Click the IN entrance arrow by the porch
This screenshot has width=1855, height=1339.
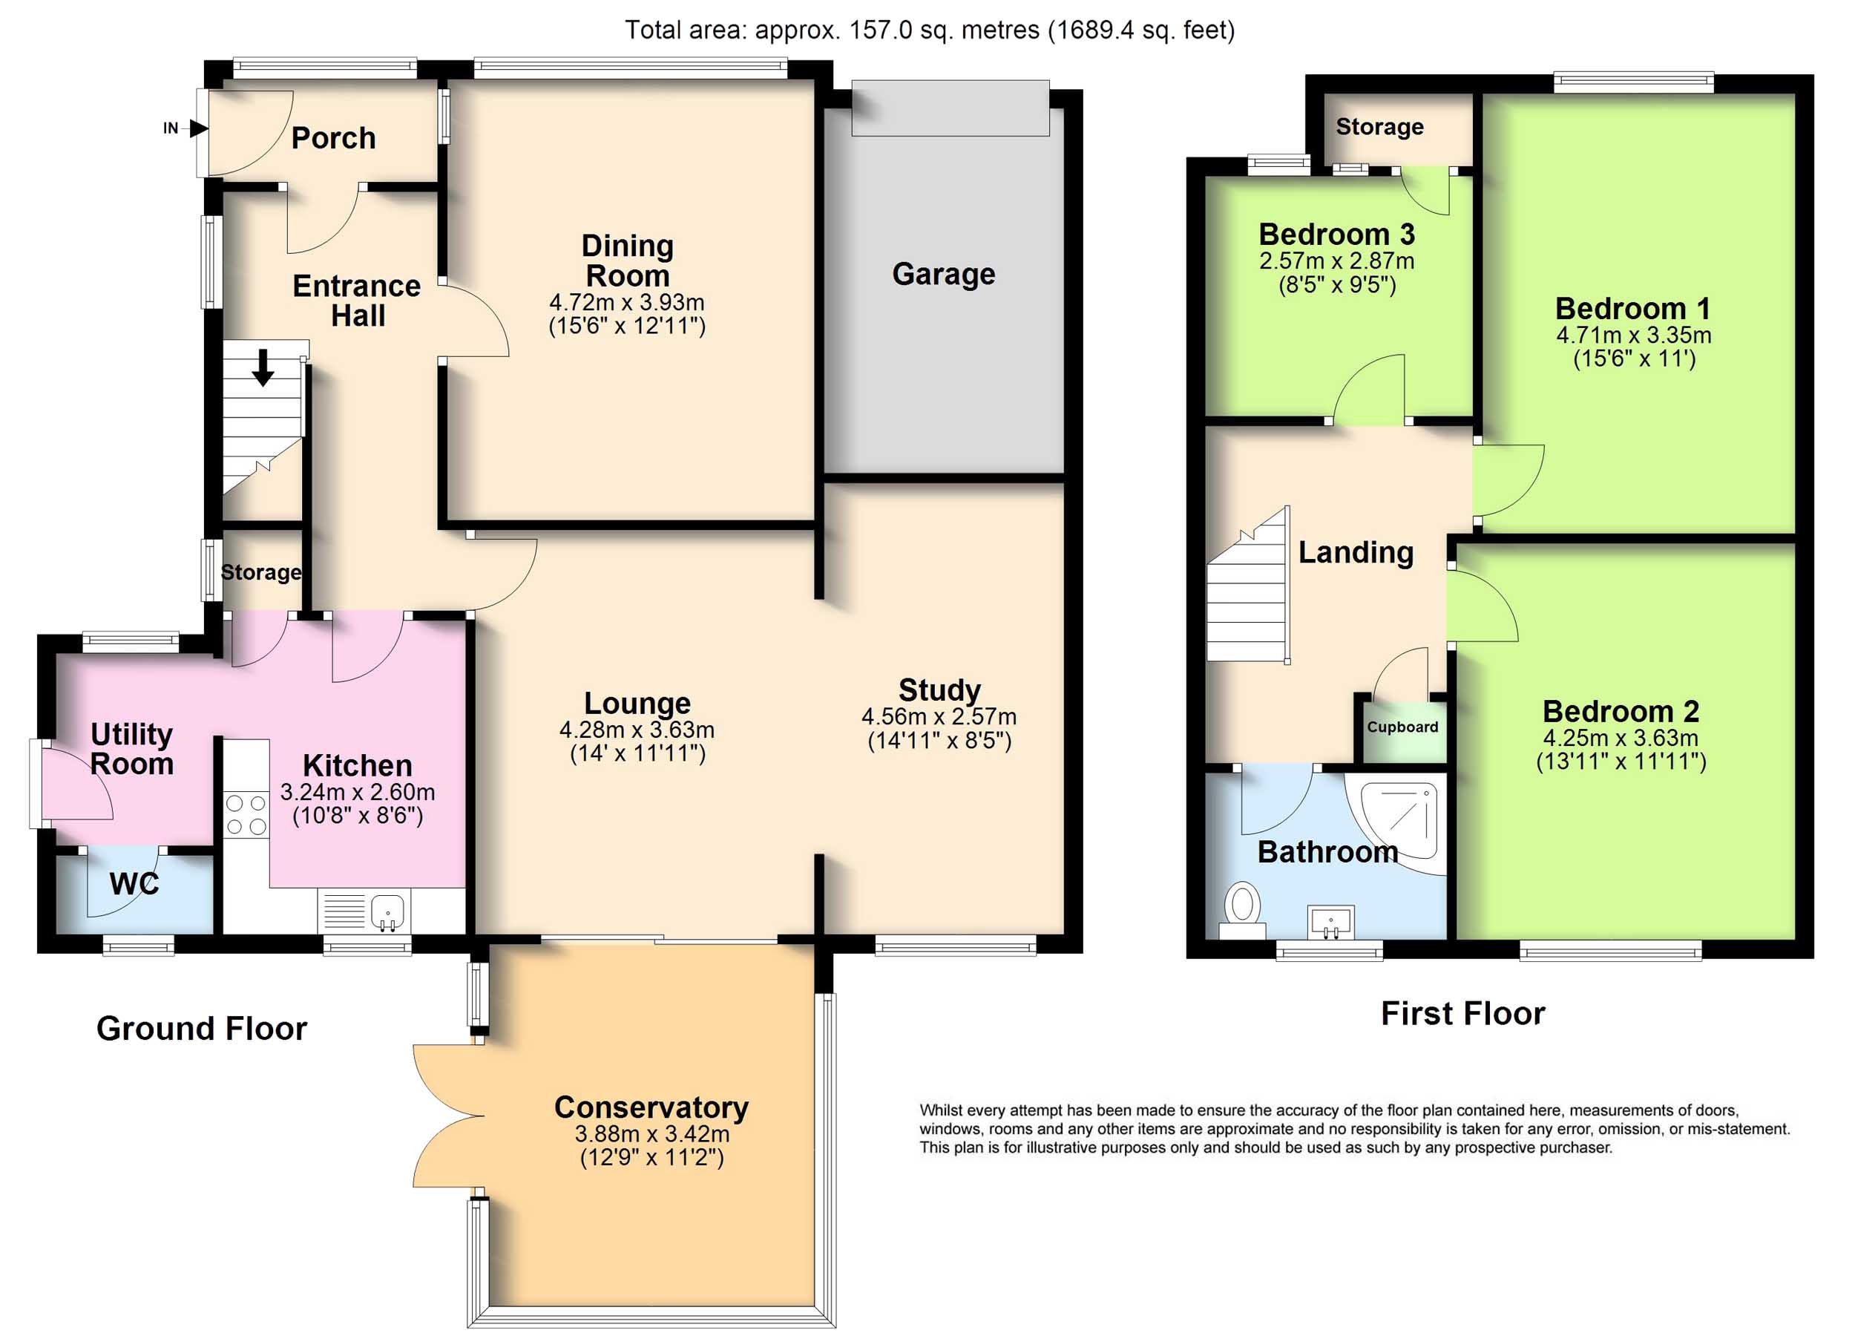click(199, 128)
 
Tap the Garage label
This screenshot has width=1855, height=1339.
click(944, 274)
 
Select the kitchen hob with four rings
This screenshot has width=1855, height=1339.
click(246, 814)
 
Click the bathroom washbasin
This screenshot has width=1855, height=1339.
click(1330, 922)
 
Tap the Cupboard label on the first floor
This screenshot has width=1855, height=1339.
click(1402, 727)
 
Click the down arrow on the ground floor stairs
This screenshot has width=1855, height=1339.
click(263, 367)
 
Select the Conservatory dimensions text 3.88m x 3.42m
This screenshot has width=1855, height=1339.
click(652, 1133)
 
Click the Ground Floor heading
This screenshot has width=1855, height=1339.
click(202, 1028)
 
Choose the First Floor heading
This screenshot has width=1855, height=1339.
click(1463, 1013)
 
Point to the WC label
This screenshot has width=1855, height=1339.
click(134, 883)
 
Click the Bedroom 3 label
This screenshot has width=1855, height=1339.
click(1336, 235)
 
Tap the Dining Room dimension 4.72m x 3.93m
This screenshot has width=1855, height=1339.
click(626, 302)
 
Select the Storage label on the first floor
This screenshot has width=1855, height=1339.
click(1380, 127)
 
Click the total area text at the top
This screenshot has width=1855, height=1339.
click(930, 30)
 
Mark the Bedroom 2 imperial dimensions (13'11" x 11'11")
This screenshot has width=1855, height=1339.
click(1621, 762)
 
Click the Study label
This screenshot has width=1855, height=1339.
click(940, 690)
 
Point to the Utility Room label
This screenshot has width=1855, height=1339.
click(131, 748)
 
